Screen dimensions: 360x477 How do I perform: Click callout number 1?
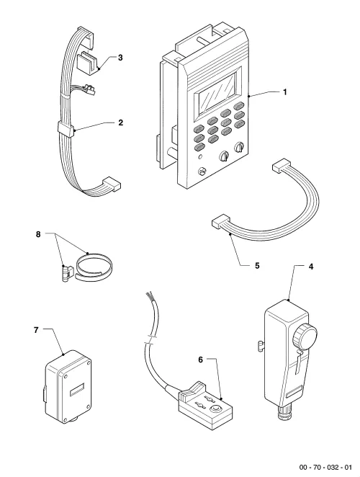(285, 92)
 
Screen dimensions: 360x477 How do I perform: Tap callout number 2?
(121, 122)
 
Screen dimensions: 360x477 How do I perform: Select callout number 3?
(120, 58)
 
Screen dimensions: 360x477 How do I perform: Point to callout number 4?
(310, 267)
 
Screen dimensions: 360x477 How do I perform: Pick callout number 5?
(257, 266)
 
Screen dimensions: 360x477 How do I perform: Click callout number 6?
(200, 360)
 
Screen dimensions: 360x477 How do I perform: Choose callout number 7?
(36, 330)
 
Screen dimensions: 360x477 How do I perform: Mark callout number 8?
(38, 234)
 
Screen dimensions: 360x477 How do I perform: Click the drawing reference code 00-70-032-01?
(325, 467)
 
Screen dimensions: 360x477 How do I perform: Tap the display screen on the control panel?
(217, 94)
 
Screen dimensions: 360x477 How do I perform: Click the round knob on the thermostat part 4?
(305, 337)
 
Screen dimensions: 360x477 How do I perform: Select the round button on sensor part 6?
(216, 409)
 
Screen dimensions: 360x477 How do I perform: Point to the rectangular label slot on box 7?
(77, 391)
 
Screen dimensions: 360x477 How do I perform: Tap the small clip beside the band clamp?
(67, 273)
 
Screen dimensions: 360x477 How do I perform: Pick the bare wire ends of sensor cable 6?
(149, 295)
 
